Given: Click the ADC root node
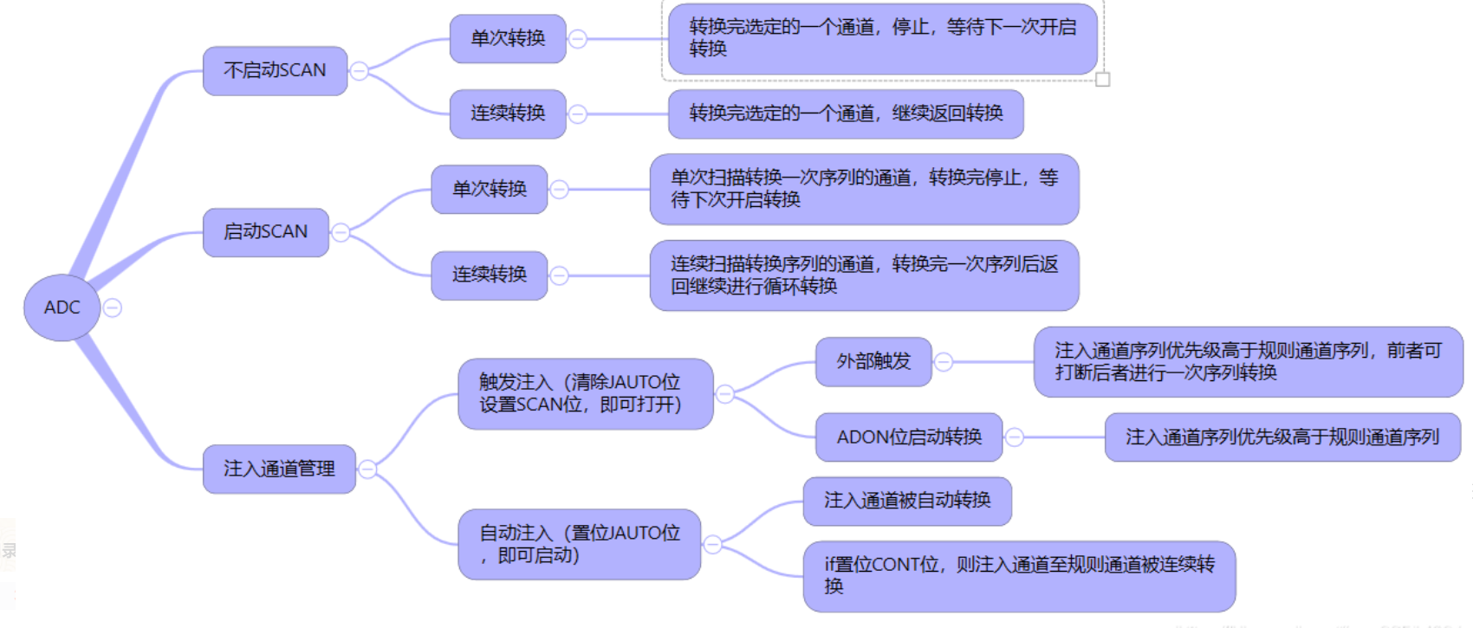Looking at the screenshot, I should click(62, 308).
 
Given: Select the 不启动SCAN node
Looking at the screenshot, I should click(275, 70).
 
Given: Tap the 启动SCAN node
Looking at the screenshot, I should click(265, 232).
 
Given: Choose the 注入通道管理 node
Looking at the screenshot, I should click(279, 469).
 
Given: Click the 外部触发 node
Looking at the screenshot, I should click(873, 361).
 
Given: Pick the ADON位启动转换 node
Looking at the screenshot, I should click(909, 437).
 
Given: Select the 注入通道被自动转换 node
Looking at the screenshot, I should click(907, 501).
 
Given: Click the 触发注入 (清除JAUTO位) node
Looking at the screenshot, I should click(585, 393).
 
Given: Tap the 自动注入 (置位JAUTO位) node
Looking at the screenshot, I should click(579, 544).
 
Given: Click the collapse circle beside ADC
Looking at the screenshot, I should click(113, 308).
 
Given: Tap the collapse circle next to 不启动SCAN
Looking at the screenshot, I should click(359, 71).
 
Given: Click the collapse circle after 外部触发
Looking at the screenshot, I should click(944, 362).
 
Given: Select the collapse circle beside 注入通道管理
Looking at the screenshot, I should click(367, 469).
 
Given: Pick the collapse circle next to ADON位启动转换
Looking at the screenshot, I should click(1015, 437).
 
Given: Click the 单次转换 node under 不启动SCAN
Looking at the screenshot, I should click(508, 38).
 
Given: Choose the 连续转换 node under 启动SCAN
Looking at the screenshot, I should click(490, 275).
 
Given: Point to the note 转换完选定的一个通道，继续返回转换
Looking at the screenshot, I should click(846, 113).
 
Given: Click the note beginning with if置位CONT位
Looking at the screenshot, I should click(1019, 576).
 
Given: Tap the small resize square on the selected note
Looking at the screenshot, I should click(1103, 80).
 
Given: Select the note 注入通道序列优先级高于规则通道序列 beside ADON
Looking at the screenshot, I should click(1282, 437).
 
